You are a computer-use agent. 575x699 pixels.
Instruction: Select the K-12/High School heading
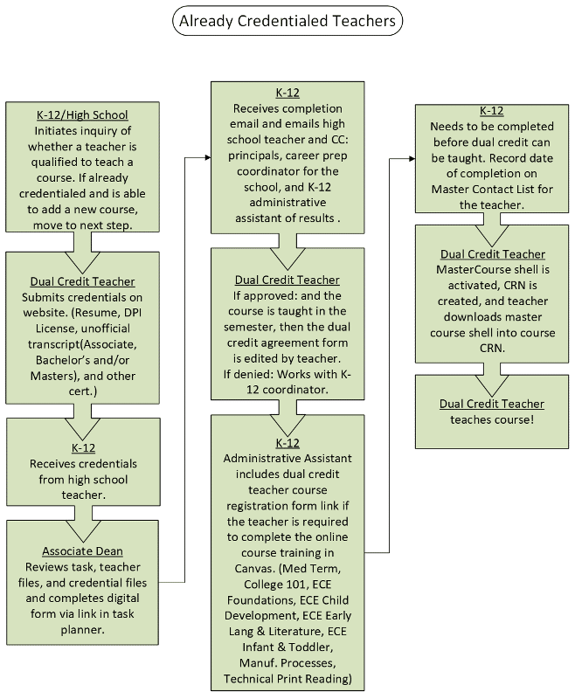82,114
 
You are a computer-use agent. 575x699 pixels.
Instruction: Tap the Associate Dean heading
82,551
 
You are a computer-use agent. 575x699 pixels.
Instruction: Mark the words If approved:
253,295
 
